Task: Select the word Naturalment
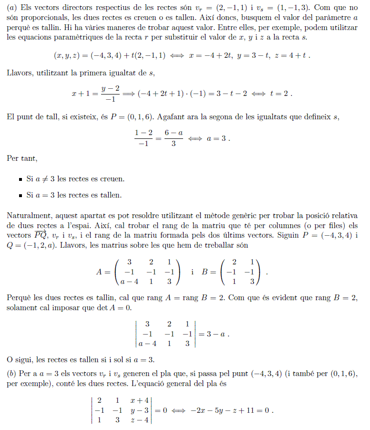[28, 216]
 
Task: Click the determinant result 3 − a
[214, 334]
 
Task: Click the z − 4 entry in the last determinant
[140, 420]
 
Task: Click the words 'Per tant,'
[21, 158]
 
